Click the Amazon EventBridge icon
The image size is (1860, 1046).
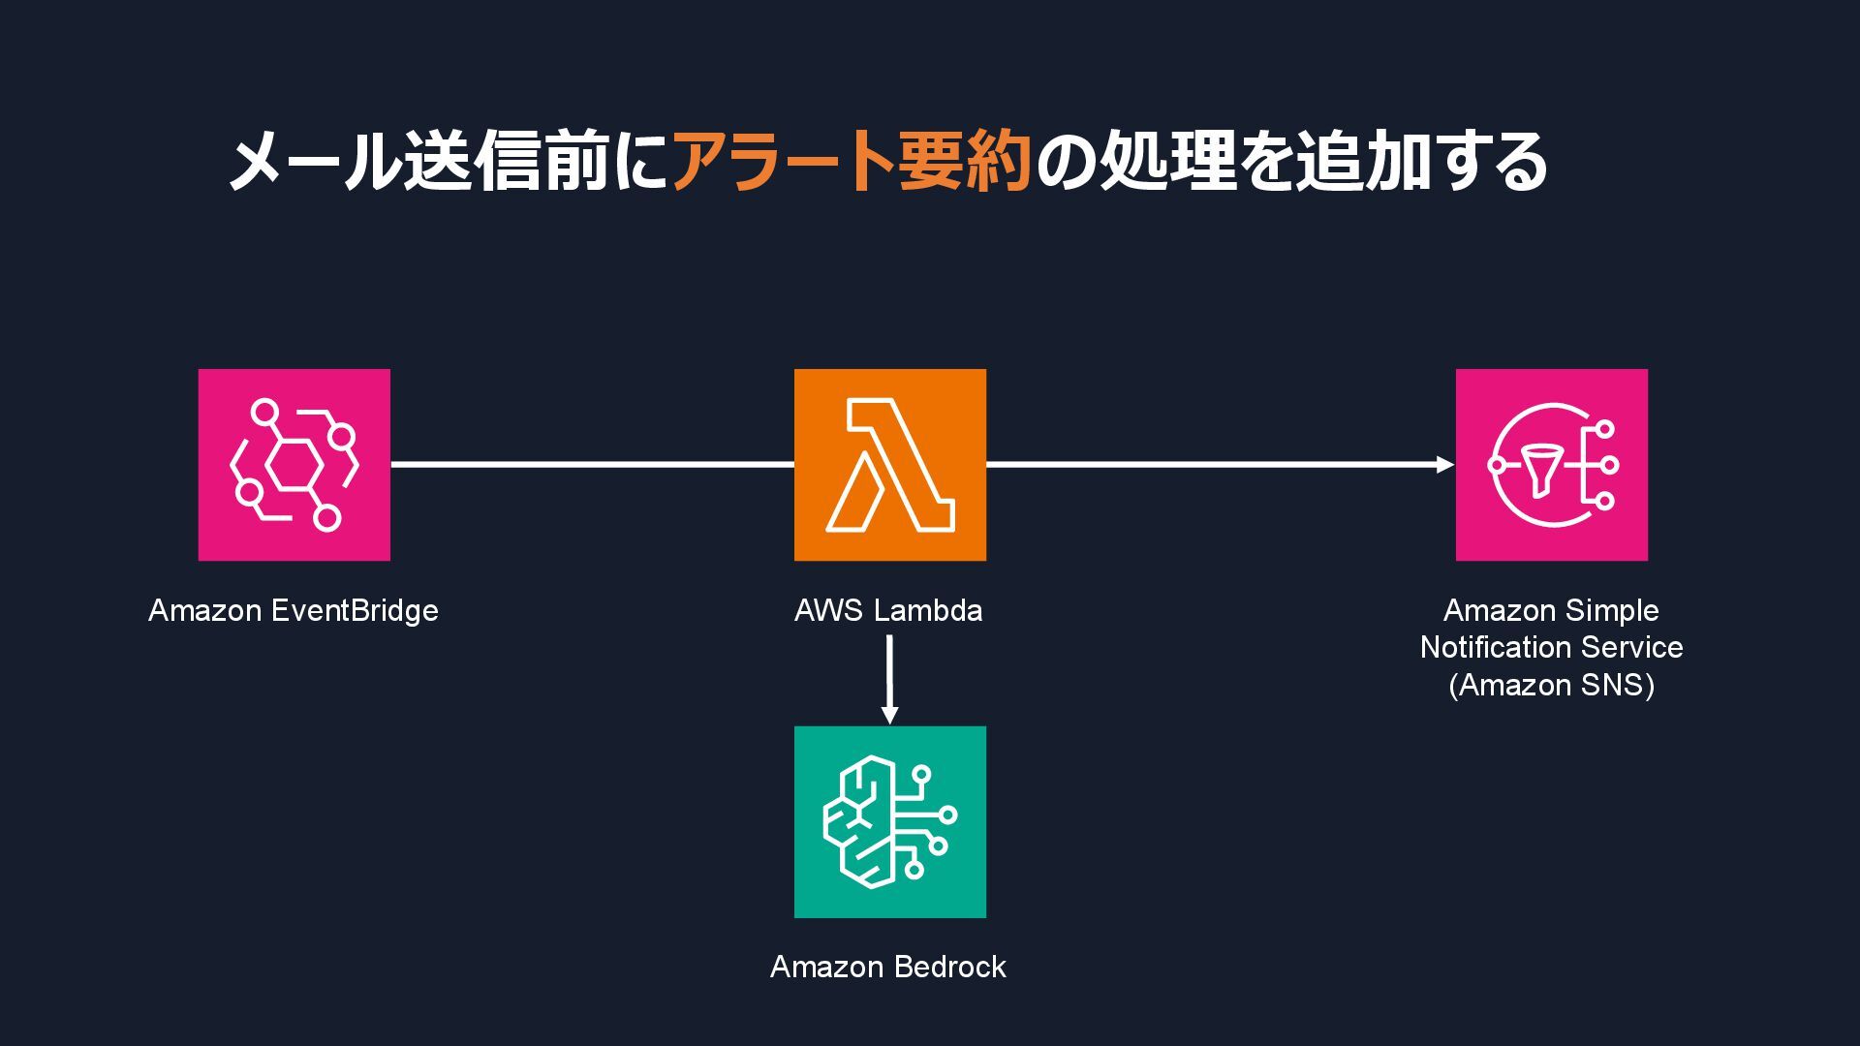click(294, 465)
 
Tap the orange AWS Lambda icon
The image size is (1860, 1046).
click(890, 465)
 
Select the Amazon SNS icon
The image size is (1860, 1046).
click(1551, 465)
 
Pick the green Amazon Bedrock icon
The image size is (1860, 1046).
click(890, 822)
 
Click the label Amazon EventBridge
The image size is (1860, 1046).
click(294, 611)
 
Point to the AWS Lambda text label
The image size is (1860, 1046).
click(888, 611)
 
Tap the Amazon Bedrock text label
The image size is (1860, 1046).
click(888, 968)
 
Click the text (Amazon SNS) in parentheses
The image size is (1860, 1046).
click(1551, 686)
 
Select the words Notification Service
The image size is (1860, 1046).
click(1551, 648)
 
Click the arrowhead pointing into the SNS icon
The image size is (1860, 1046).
click(1444, 465)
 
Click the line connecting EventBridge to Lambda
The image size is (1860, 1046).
click(591, 465)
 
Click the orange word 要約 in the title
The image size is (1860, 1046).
click(964, 162)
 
